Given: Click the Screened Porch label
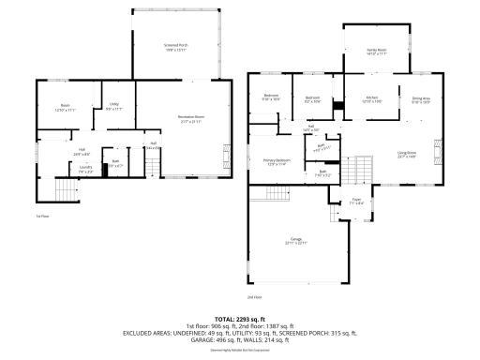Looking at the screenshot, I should [x=176, y=47].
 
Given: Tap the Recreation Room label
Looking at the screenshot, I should [x=192, y=118].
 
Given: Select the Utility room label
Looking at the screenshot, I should [x=113, y=106].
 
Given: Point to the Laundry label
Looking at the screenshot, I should [x=85, y=170].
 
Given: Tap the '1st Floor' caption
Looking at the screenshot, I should [x=42, y=217].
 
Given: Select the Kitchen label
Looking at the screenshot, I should [x=371, y=98].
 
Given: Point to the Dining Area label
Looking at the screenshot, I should [x=420, y=98].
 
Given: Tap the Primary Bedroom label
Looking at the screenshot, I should [x=276, y=161].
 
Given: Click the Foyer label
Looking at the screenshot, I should [x=357, y=200].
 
